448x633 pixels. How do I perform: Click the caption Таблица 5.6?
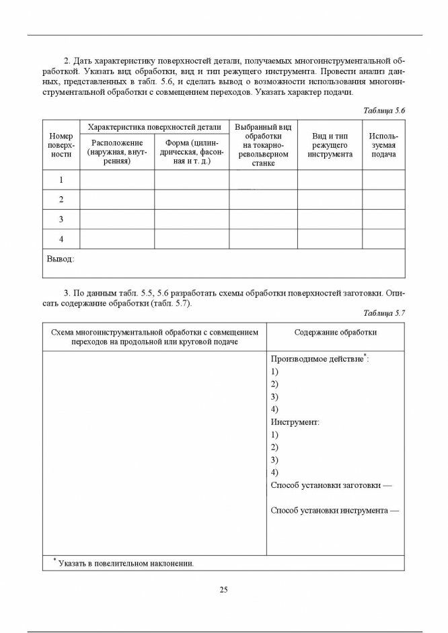(384, 110)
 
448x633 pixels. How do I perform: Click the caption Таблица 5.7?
(384, 312)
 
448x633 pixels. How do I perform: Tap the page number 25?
(224, 590)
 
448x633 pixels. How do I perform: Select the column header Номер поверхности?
(61, 145)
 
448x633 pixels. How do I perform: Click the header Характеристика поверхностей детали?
(154, 126)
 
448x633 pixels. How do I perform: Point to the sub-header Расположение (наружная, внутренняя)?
(117, 152)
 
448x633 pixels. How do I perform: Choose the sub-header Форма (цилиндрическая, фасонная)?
(192, 152)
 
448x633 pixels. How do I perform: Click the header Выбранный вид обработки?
(263, 144)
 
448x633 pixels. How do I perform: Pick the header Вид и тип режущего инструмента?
(330, 145)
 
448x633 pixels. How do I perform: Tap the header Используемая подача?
(383, 145)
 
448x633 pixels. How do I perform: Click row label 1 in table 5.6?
(61, 180)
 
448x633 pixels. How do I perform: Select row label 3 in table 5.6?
(61, 219)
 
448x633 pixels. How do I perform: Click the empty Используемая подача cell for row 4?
(383, 239)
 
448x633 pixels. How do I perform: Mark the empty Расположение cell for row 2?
(117, 200)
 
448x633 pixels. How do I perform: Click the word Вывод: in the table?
(60, 259)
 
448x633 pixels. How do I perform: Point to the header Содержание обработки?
(335, 332)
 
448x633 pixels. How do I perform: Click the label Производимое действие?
(317, 359)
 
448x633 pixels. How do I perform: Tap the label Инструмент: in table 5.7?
(295, 422)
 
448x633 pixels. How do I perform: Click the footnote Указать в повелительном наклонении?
(126, 563)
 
